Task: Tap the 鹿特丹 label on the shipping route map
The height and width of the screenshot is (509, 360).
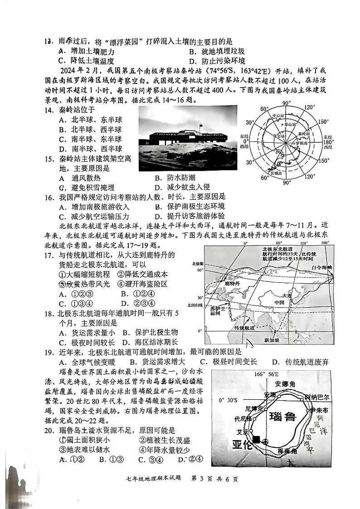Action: pos(231,283)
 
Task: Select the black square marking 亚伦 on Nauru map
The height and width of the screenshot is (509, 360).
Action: pos(257,439)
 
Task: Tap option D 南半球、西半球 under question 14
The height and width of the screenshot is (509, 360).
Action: pos(90,148)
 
